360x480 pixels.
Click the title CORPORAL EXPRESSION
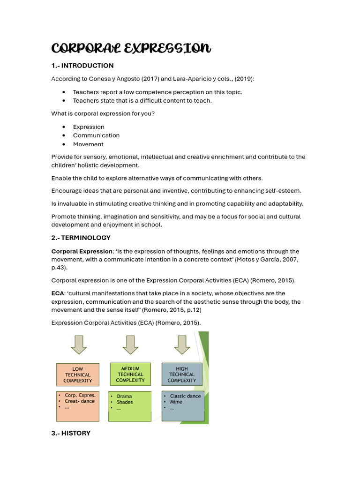[x=131, y=48]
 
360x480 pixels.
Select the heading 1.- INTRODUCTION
[x=82, y=66]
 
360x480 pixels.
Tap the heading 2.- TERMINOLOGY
[x=81, y=238]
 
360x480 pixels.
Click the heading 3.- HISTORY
[x=70, y=433]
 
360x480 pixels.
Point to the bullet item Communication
[x=96, y=135]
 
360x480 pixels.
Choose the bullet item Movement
[x=88, y=144]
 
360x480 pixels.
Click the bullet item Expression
[x=89, y=127]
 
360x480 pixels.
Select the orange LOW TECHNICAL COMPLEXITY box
[x=78, y=375]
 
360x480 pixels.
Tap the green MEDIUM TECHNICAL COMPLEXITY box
[x=130, y=374]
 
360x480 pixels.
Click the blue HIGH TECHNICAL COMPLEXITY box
[x=182, y=374]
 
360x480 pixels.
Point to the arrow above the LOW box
[x=79, y=345]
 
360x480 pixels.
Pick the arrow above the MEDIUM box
[x=130, y=345]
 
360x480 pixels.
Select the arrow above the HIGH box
[x=182, y=345]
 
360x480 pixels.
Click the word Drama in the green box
[x=124, y=396]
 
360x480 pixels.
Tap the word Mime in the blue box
[x=176, y=402]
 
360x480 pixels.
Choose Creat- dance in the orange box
[x=80, y=401]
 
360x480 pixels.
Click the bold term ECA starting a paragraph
[x=57, y=293]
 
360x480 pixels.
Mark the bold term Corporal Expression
[x=82, y=251]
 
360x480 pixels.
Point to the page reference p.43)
[x=59, y=267]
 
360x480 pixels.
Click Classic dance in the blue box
[x=185, y=396]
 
